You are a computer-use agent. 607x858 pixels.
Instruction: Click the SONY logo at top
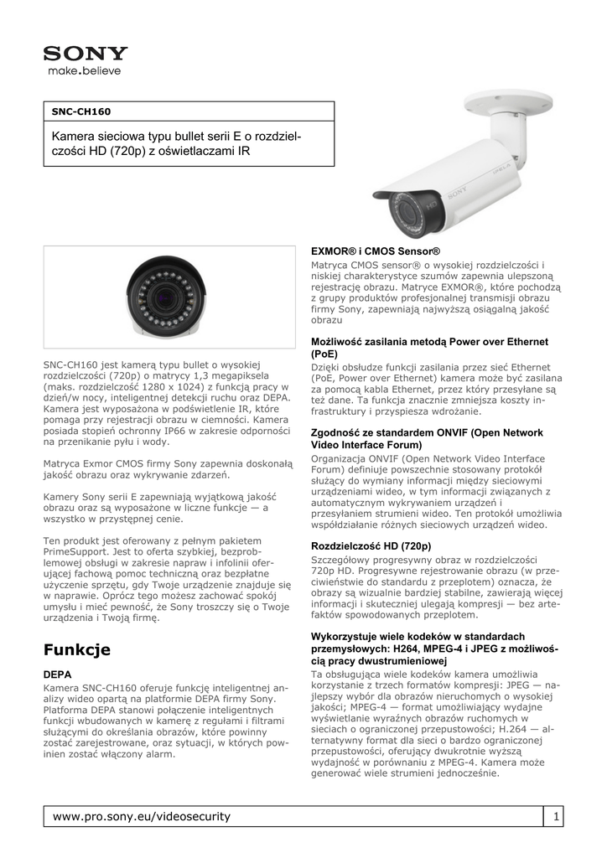(86, 54)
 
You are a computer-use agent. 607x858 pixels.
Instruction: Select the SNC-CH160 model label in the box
(81, 111)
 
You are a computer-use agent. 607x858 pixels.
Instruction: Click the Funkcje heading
(77, 649)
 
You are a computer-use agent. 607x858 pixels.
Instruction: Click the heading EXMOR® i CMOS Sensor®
(376, 251)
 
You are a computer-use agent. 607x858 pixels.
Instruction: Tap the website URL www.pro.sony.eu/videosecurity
(142, 816)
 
